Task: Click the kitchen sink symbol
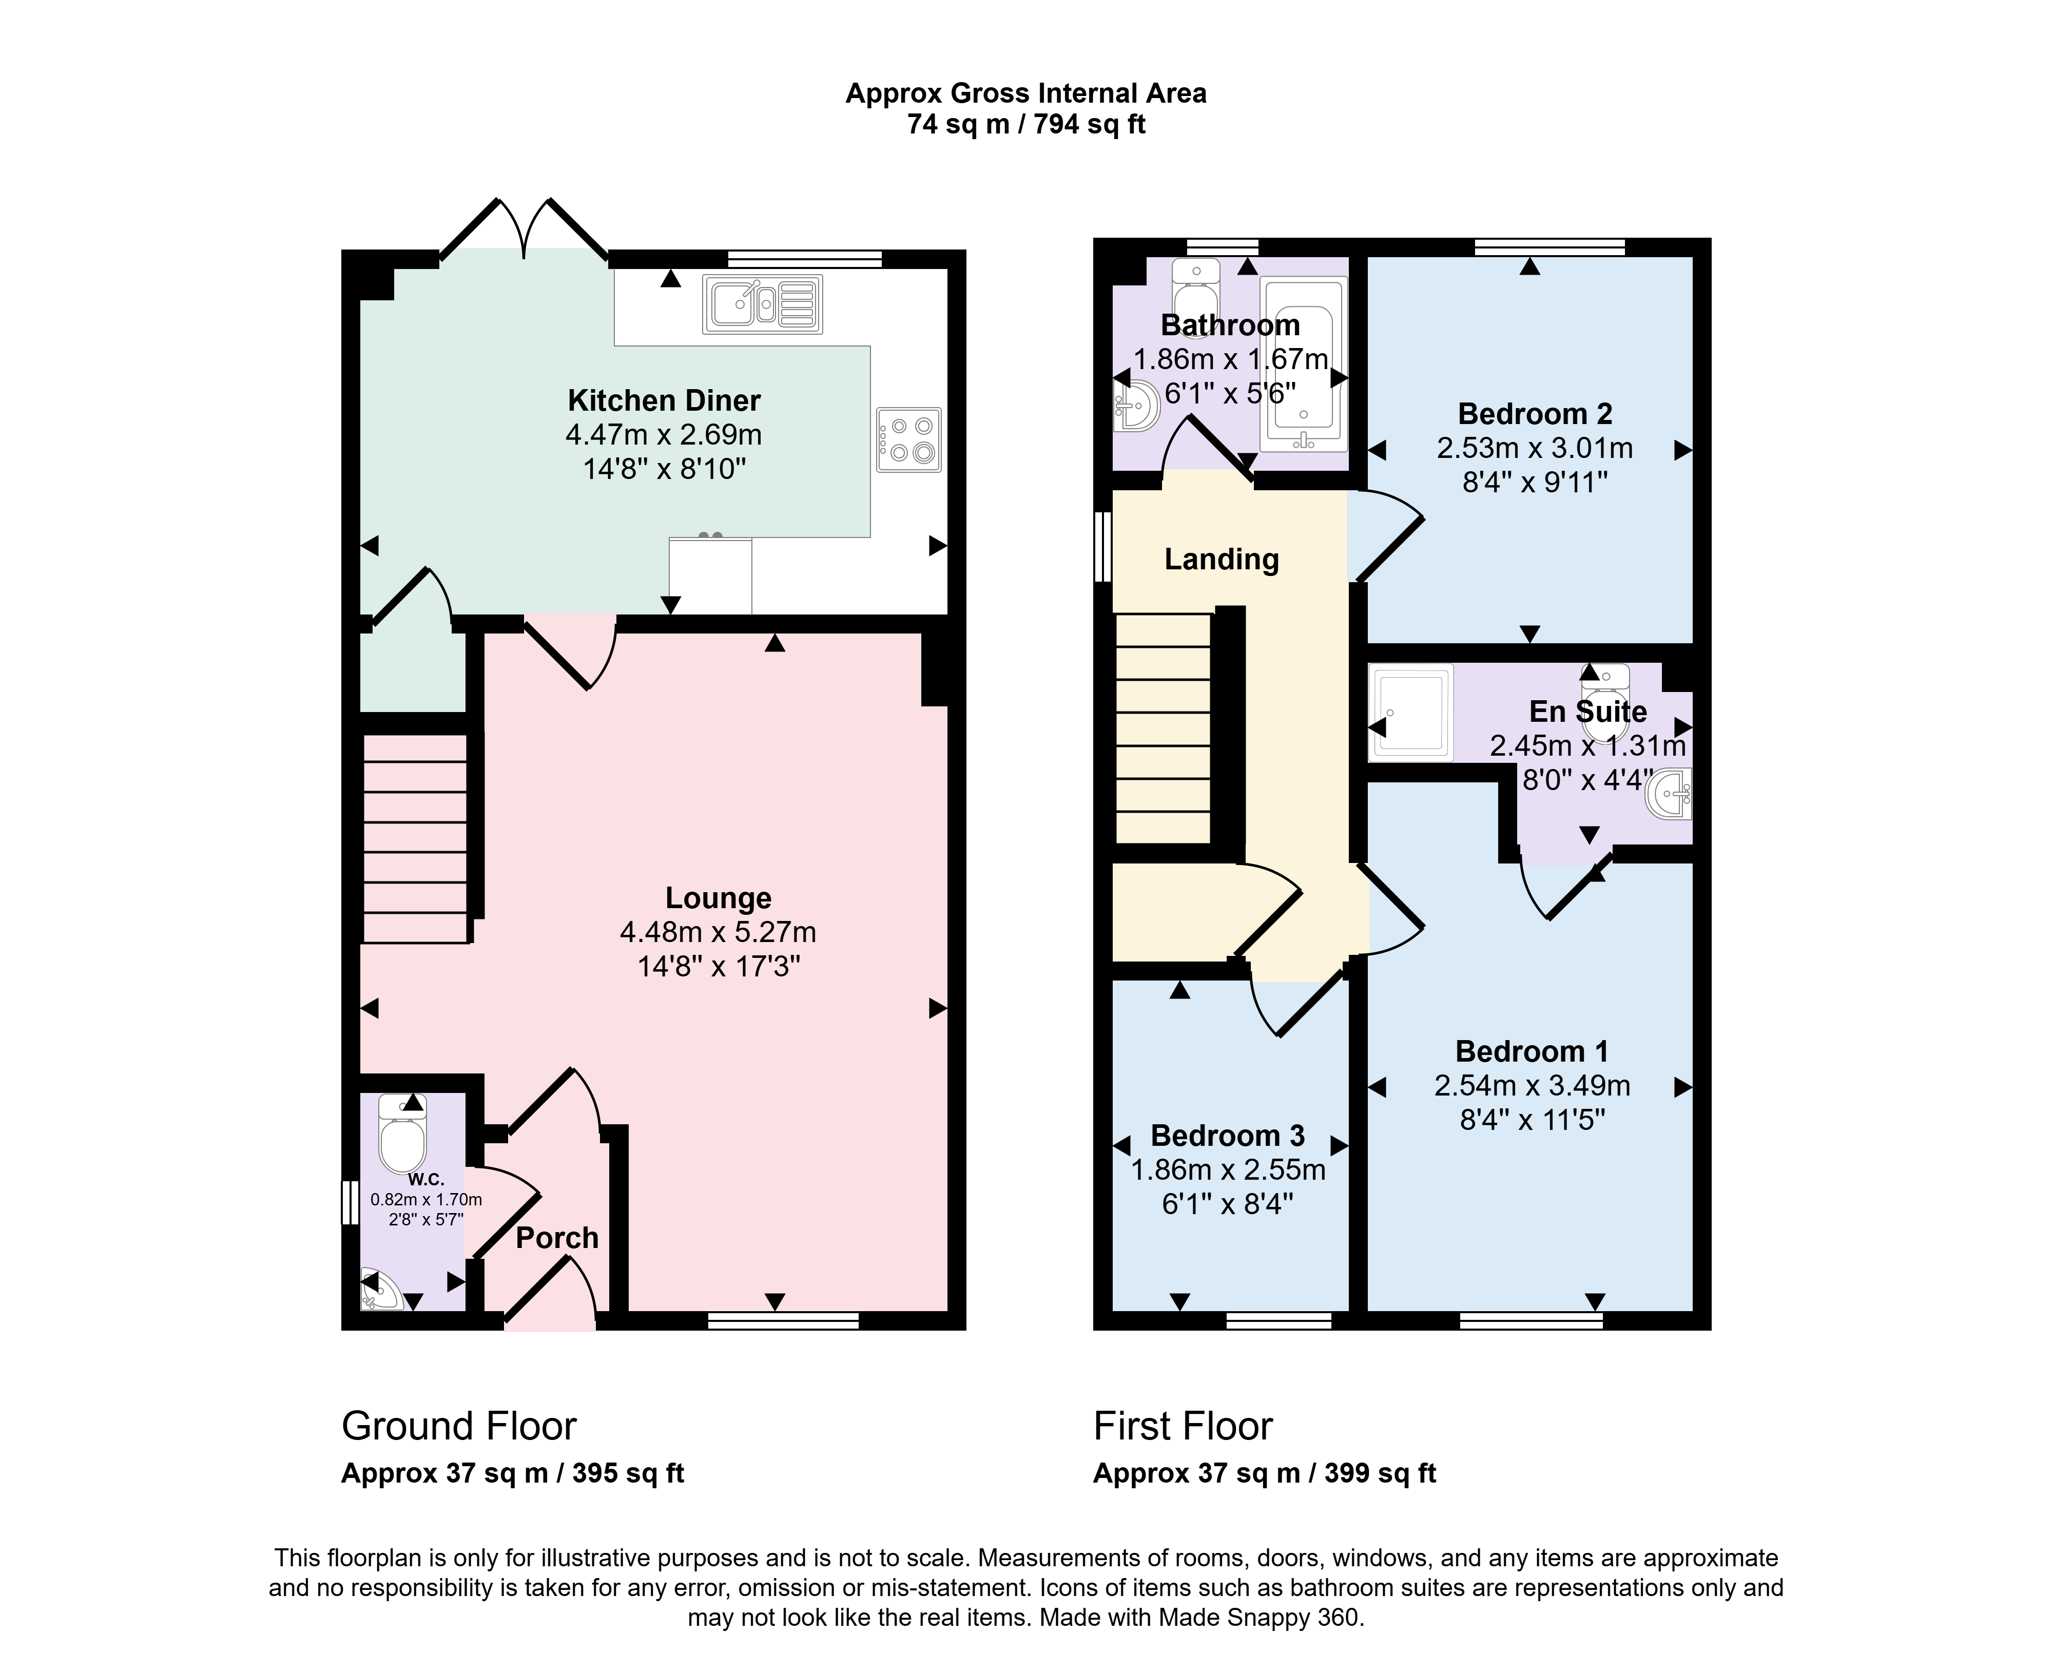pyautogui.click(x=762, y=304)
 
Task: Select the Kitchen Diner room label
pyautogui.click(x=664, y=400)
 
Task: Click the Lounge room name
pyautogui.click(x=718, y=898)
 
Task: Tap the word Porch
pyautogui.click(x=557, y=1238)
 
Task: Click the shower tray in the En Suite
pyautogui.click(x=1411, y=713)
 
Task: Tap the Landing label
pyautogui.click(x=1222, y=559)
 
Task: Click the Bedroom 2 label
pyautogui.click(x=1535, y=414)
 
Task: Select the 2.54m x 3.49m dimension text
pyautogui.click(x=1532, y=1086)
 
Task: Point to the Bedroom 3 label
pyautogui.click(x=1228, y=1136)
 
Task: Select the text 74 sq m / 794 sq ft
pyautogui.click(x=1026, y=124)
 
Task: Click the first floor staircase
pyautogui.click(x=1163, y=728)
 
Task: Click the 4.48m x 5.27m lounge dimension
pyautogui.click(x=718, y=932)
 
